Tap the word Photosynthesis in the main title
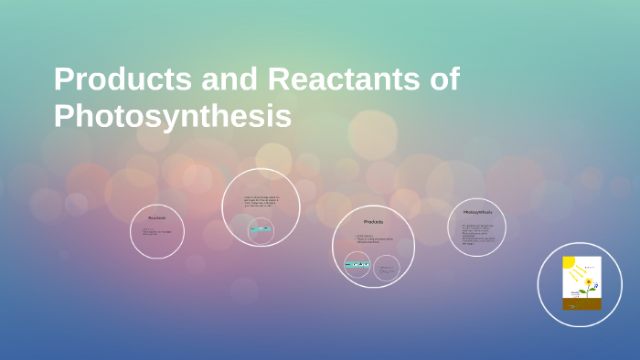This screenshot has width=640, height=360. pos(173,117)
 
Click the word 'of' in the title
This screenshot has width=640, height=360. pos(443,80)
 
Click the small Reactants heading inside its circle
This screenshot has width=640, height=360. pos(157,218)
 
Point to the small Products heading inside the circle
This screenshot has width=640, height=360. pos(373,222)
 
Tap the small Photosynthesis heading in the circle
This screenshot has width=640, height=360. pos(477,212)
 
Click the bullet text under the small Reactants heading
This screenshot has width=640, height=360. pos(156,232)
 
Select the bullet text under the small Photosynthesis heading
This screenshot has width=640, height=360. pos(477,233)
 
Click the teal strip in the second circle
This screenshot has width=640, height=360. pos(261,229)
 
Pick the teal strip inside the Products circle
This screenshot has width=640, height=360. pos(357,265)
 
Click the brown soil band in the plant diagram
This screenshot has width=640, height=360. pos(581,304)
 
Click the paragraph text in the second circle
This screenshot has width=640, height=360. pos(261,202)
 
